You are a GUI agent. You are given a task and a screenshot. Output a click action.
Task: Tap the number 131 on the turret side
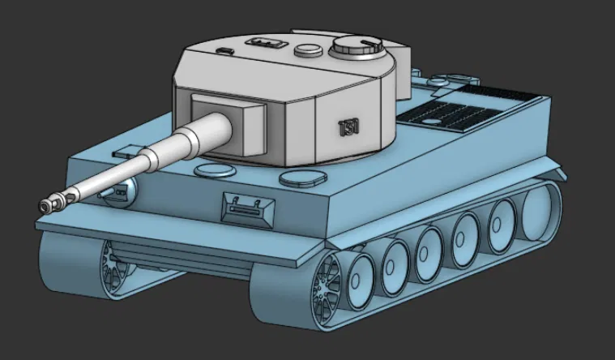click(x=348, y=126)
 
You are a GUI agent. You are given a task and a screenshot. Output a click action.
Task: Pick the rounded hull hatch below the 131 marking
click(x=302, y=176)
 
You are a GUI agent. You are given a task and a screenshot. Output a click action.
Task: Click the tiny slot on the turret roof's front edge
click(x=224, y=51)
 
